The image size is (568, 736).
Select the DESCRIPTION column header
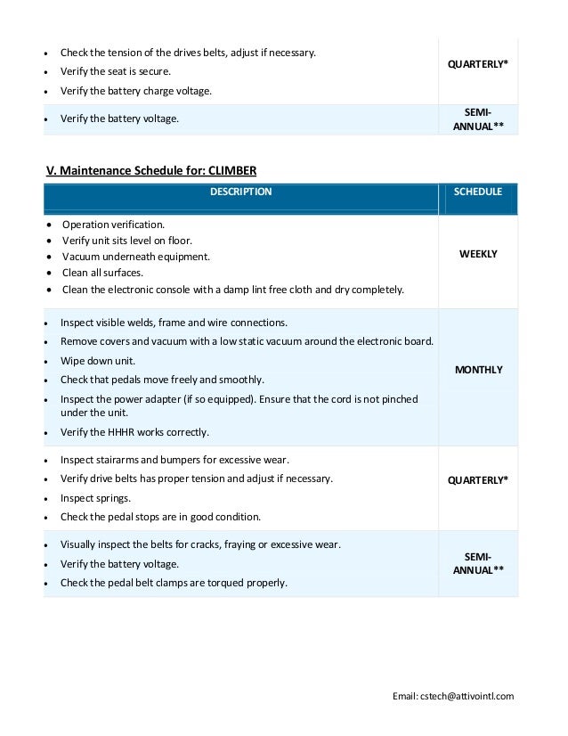click(x=240, y=192)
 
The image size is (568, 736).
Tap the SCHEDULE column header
click(x=478, y=192)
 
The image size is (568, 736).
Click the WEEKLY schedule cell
click(x=478, y=254)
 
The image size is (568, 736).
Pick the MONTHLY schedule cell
click(x=478, y=370)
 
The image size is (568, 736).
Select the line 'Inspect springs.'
click(x=95, y=498)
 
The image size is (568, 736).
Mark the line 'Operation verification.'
click(x=113, y=225)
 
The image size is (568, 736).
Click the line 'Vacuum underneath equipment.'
click(x=135, y=257)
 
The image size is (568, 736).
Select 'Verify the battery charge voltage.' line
click(x=136, y=91)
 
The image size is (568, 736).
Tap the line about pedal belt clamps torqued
click(x=174, y=584)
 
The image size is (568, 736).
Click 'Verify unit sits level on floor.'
click(x=126, y=241)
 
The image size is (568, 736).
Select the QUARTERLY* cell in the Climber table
click(x=478, y=479)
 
